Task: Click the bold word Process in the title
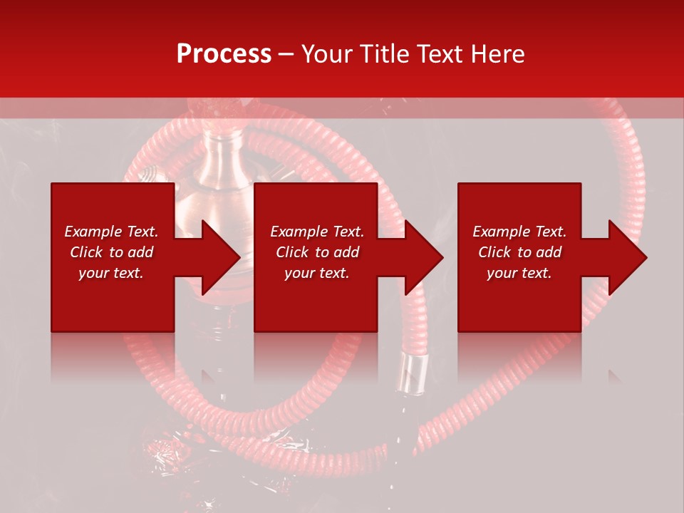(x=224, y=54)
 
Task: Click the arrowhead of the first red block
(x=217, y=257)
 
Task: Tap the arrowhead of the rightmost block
(x=624, y=257)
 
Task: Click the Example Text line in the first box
(x=111, y=232)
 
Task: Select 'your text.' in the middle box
(x=316, y=273)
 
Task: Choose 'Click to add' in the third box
(x=519, y=252)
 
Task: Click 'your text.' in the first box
(x=111, y=273)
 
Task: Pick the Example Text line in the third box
(x=519, y=232)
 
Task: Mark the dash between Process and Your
(x=286, y=54)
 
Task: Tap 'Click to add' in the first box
(x=111, y=252)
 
